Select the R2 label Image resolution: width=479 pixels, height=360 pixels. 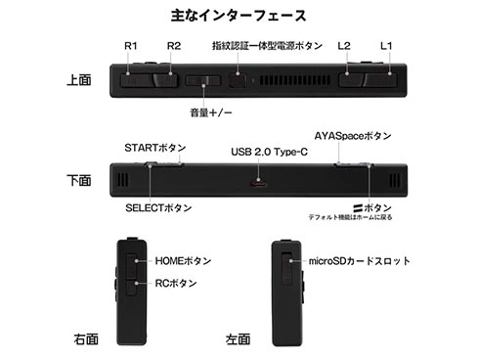coord(173,45)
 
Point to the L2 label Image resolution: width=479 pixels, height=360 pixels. coord(343,45)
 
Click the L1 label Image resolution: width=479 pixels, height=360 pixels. coord(385,45)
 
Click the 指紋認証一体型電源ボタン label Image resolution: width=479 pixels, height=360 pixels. coord(267,45)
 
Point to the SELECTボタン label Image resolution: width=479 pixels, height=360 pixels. coord(159,208)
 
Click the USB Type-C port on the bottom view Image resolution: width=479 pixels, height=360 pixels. coord(260,184)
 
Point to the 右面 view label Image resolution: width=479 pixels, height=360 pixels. coord(86,340)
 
